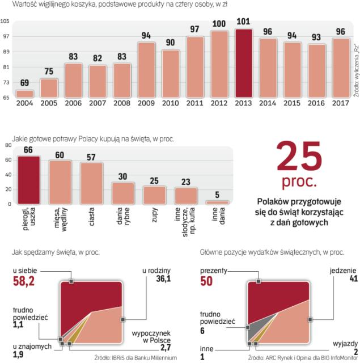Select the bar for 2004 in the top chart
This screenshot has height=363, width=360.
24,94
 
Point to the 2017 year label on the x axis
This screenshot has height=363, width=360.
340,103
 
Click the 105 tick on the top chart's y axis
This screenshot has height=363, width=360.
5,22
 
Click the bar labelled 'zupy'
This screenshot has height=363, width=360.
154,195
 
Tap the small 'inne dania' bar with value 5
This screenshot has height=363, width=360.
217,202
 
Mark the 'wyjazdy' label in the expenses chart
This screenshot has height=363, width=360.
341,344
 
